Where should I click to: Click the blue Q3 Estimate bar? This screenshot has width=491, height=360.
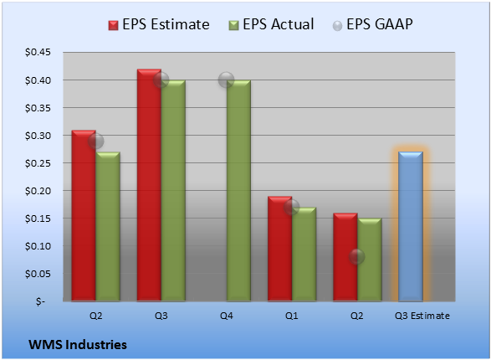[411, 226]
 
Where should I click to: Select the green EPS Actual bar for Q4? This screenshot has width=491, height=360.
[238, 191]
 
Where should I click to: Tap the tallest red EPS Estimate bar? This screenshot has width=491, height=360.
[149, 185]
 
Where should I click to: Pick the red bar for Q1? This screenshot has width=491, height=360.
[279, 249]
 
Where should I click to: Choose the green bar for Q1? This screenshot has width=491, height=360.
[304, 255]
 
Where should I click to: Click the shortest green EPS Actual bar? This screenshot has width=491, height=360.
[370, 260]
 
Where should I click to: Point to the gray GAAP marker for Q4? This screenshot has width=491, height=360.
[226, 80]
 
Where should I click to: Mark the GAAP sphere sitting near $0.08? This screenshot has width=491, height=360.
[356, 257]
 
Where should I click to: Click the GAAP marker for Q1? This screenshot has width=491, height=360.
[292, 207]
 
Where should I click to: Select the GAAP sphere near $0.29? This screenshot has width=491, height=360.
[95, 141]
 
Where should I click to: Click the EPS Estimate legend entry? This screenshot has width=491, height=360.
[159, 24]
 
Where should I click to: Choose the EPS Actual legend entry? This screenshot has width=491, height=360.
[271, 24]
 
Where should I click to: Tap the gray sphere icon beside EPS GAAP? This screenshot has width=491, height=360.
[337, 26]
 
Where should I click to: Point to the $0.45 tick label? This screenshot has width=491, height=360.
[38, 52]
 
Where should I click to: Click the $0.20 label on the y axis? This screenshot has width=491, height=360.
[38, 191]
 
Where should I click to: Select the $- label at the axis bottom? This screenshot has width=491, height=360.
[40, 301]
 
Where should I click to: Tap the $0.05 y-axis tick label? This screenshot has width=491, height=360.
[38, 274]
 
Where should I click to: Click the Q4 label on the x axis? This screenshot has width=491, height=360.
[227, 316]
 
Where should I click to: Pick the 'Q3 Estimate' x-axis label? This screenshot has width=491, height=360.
[422, 316]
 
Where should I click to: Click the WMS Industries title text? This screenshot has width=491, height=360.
[78, 345]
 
